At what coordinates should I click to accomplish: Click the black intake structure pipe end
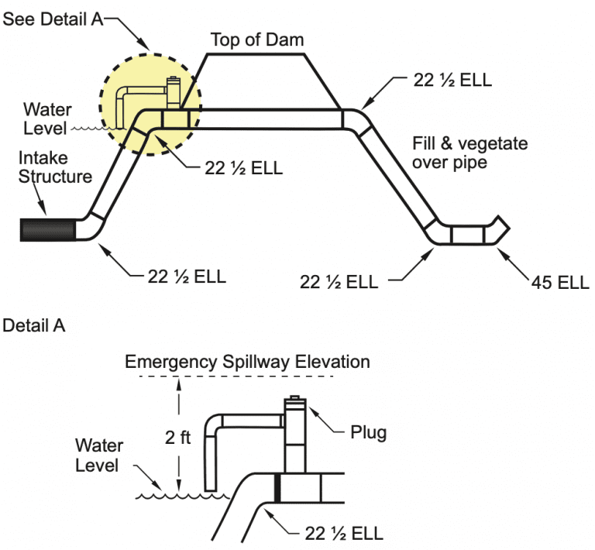[47, 229]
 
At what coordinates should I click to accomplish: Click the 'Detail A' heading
[34, 325]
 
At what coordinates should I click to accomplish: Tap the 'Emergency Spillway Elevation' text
[247, 362]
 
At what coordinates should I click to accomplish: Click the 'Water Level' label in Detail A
[97, 455]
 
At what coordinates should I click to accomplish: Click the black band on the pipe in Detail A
[277, 489]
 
